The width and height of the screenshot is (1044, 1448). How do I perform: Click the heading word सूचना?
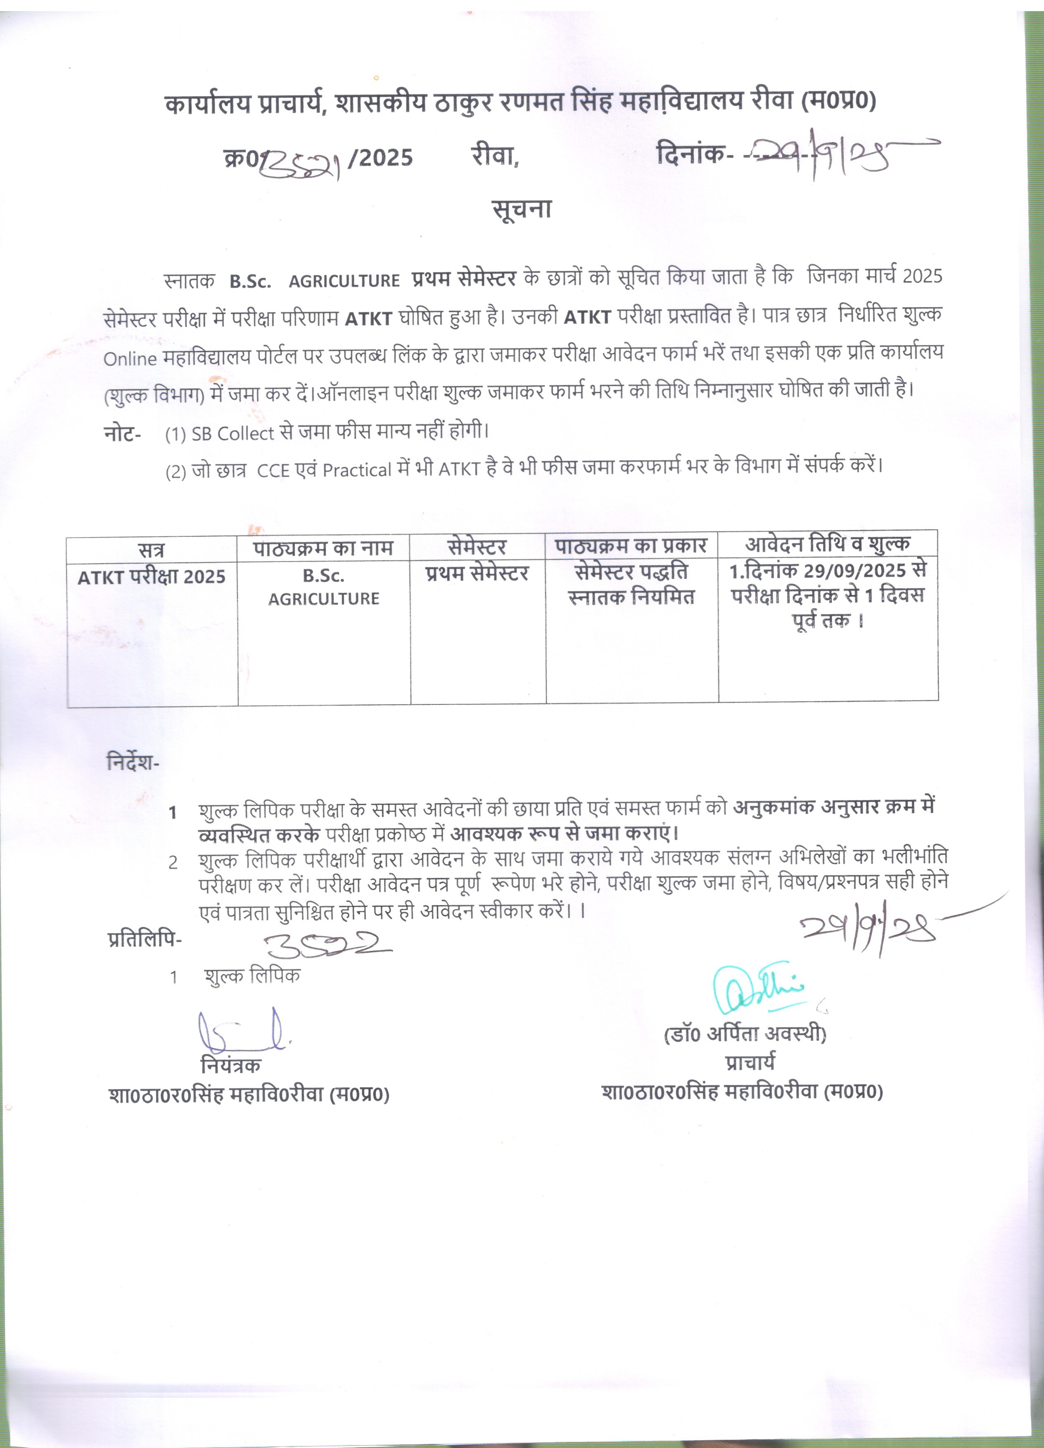pyautogui.click(x=522, y=209)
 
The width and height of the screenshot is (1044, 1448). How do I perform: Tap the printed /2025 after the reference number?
pyautogui.click(x=381, y=157)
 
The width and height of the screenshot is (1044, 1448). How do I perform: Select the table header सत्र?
pyautogui.click(x=151, y=550)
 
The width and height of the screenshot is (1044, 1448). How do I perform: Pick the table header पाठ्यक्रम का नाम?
pyautogui.click(x=323, y=548)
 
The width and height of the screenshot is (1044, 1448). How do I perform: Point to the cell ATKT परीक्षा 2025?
pyautogui.click(x=151, y=577)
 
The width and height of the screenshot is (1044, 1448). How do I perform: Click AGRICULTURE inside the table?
pyautogui.click(x=324, y=599)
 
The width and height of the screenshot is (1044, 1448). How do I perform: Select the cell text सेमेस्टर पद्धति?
pyautogui.click(x=631, y=571)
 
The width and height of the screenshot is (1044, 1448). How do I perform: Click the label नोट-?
pyautogui.click(x=122, y=434)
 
